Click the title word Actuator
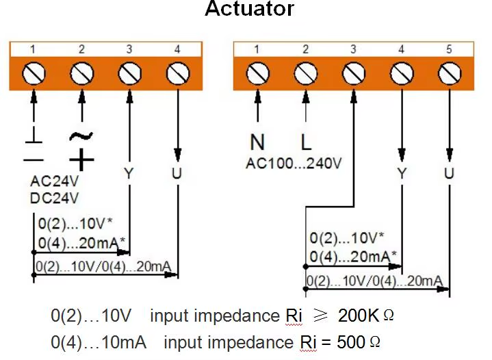(250, 10)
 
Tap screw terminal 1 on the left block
(34, 72)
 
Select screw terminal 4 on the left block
(178, 72)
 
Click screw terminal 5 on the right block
(449, 72)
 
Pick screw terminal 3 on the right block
(353, 72)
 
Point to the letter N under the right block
(257, 142)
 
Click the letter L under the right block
(306, 142)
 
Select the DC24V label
(55, 198)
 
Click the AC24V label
(55, 183)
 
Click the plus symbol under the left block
(81, 160)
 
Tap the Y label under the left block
(129, 173)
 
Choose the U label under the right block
(449, 173)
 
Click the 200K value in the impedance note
(358, 316)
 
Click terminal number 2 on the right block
(305, 49)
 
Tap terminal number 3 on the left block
(129, 49)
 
